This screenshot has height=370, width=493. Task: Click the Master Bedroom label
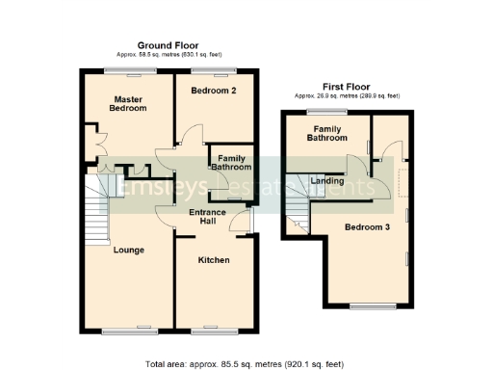(129, 104)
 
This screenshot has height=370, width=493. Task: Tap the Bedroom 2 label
(213, 91)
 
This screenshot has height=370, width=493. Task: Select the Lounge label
(129, 250)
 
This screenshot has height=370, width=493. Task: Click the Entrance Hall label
(207, 217)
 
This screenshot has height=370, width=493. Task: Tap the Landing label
(327, 179)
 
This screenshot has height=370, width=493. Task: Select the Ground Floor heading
(169, 45)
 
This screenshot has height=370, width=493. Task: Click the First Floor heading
(347, 87)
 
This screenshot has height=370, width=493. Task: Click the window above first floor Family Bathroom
(322, 112)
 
